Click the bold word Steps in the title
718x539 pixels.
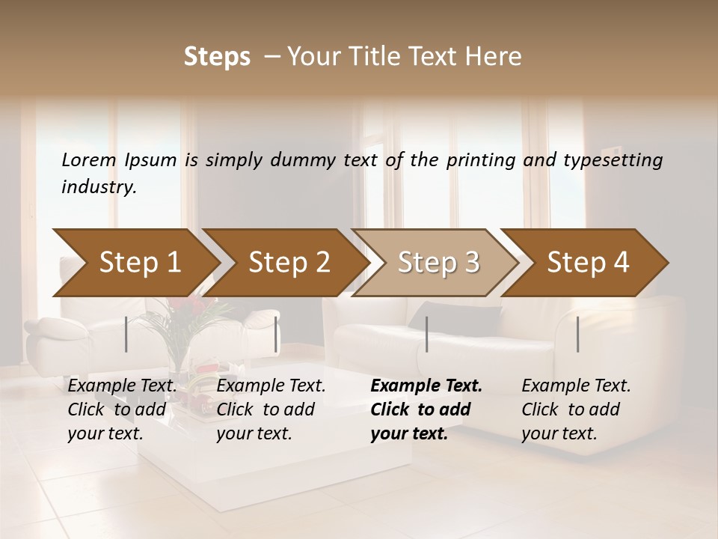pos(217,56)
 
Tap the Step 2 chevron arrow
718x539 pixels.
pos(289,262)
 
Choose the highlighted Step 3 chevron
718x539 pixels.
pos(438,262)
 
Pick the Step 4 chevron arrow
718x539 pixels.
pos(588,262)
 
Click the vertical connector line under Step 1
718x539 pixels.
pos(126,334)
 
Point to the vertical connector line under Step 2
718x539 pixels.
pos(276,334)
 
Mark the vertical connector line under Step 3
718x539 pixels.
pos(427,334)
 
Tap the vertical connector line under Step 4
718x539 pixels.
pos(578,334)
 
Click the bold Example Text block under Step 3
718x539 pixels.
pos(426,409)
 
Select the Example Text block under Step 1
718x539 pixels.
pos(122,409)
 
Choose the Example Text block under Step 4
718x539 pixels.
pos(576,409)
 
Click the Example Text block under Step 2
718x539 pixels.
pos(271,409)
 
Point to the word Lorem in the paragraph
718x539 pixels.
pos(89,159)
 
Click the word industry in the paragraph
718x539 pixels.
pos(99,186)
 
